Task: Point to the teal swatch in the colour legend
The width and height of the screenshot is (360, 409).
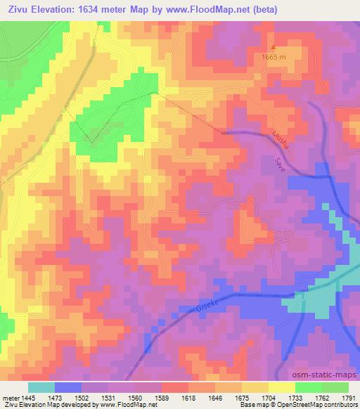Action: pyautogui.click(x=41, y=387)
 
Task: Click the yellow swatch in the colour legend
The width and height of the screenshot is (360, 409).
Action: pyautogui.click(x=282, y=387)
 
